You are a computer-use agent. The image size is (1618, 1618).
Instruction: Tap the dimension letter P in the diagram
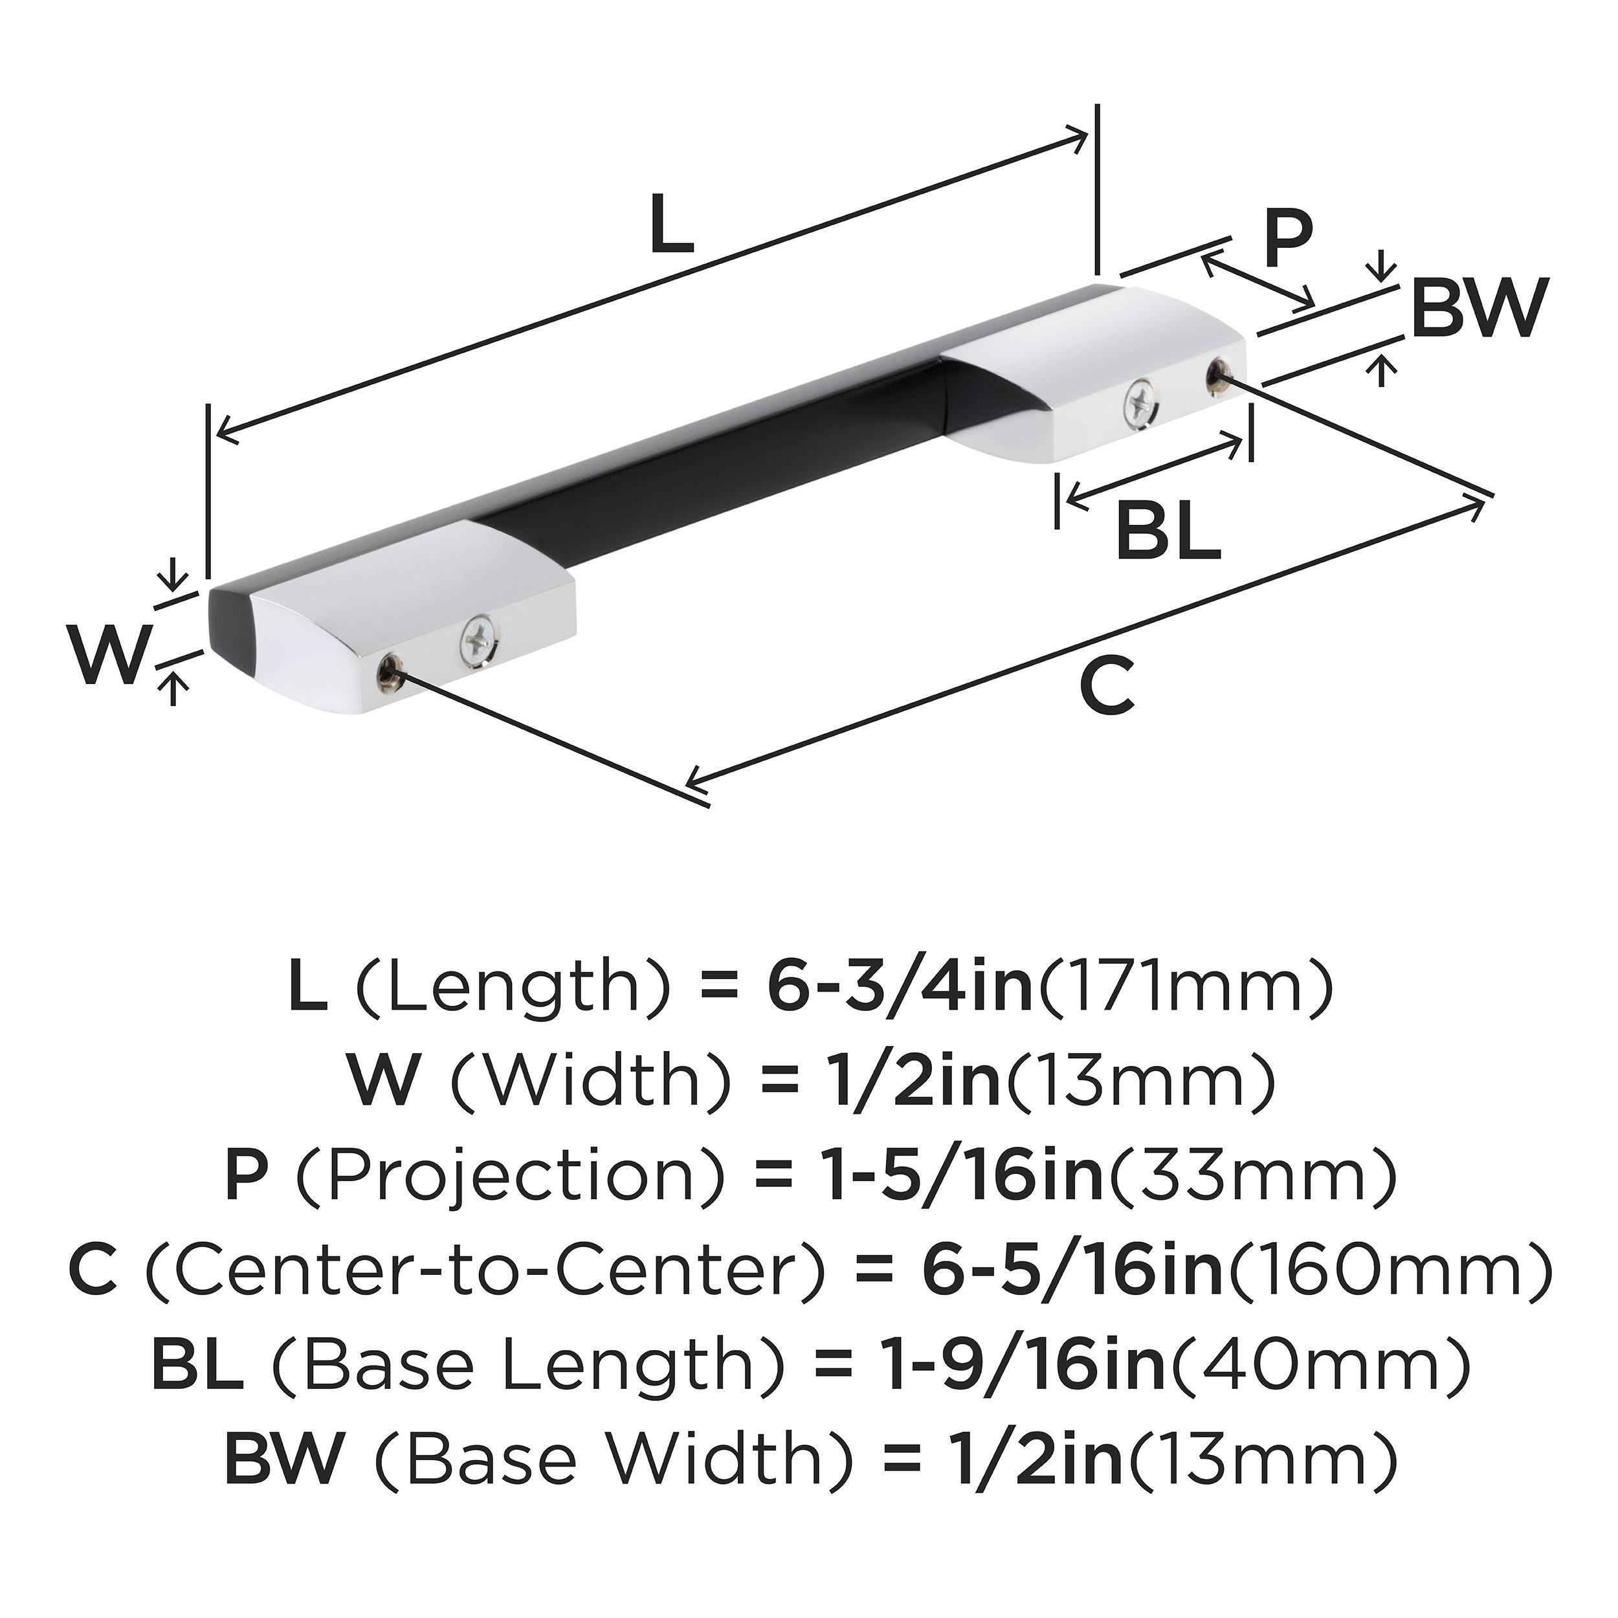1287,240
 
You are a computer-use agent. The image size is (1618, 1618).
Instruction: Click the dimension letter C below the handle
1106,686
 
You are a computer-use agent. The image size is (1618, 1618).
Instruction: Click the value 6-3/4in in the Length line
898,989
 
